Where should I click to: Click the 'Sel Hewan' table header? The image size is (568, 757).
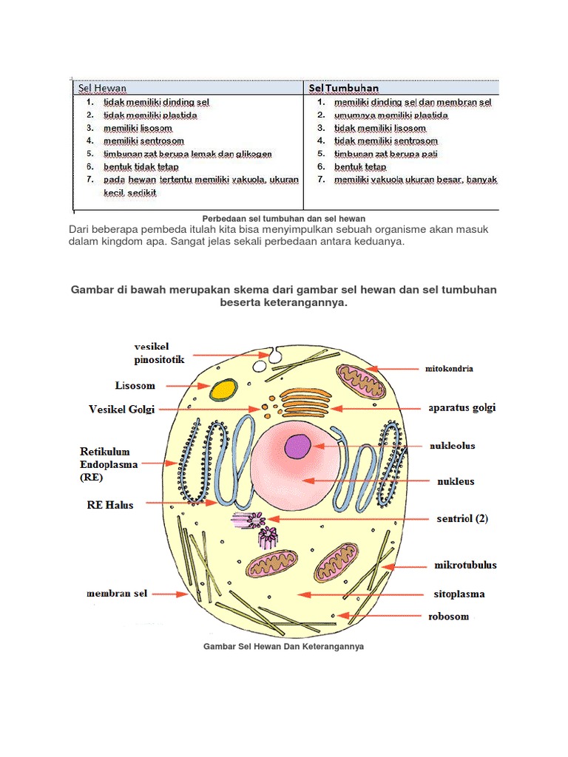[x=102, y=89]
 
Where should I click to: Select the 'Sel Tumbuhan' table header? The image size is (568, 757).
[x=344, y=89]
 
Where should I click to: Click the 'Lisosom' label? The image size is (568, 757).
[x=135, y=386]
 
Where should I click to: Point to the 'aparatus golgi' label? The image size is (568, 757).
[x=462, y=407]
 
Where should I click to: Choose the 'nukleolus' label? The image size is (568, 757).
[x=453, y=446]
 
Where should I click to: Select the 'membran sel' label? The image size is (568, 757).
[x=118, y=593]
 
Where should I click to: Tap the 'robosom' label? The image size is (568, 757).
[x=449, y=616]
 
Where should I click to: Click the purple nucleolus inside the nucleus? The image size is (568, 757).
[x=299, y=447]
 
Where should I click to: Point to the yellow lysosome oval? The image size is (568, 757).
[x=223, y=390]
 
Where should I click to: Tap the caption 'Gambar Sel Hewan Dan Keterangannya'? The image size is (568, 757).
[x=283, y=646]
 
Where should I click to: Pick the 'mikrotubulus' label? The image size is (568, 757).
[x=465, y=566]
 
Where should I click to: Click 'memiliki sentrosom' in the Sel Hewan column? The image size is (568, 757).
[x=143, y=140]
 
